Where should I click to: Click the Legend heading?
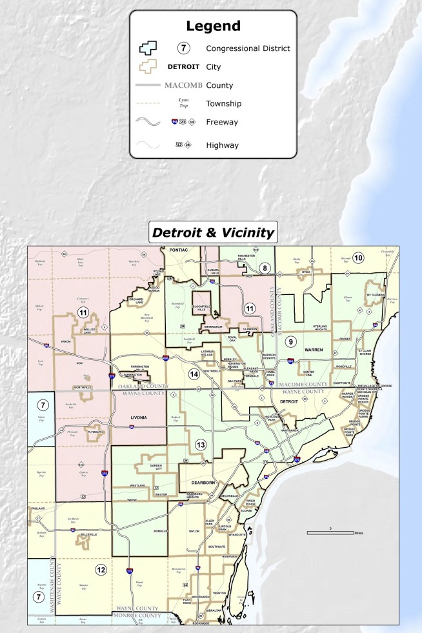click(x=213, y=26)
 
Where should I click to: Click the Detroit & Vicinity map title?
click(x=212, y=232)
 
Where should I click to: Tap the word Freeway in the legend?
click(x=222, y=122)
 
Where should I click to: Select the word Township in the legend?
click(x=223, y=103)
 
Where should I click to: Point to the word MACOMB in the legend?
click(x=184, y=85)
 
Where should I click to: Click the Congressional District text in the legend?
click(x=248, y=48)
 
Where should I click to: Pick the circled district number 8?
click(x=264, y=267)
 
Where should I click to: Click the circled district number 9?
click(x=291, y=341)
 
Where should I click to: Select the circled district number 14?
click(x=193, y=374)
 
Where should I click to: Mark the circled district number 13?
click(x=201, y=445)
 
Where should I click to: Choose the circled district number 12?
click(x=101, y=570)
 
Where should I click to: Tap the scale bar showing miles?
click(x=330, y=532)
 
